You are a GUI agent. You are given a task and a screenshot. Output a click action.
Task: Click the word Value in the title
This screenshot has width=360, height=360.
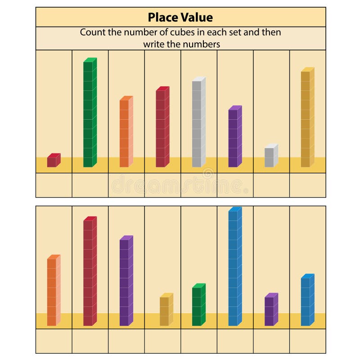click(x=197, y=17)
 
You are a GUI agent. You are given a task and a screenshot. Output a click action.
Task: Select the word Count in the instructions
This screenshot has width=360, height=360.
click(x=92, y=32)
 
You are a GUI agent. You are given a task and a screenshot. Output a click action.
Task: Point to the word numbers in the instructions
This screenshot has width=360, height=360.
click(x=204, y=44)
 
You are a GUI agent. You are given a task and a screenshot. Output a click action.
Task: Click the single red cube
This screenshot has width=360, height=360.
click(x=53, y=161)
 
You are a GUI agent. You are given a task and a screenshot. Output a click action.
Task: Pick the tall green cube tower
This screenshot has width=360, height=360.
click(x=90, y=112)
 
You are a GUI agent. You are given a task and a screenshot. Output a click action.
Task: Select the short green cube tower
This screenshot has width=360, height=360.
click(x=198, y=305)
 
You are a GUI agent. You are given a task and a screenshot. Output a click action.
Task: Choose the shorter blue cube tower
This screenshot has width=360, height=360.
click(x=307, y=300)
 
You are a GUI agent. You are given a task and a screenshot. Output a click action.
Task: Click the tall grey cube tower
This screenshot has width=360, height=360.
click(x=198, y=122)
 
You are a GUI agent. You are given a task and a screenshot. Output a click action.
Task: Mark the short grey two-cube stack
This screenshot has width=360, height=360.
click(x=270, y=156)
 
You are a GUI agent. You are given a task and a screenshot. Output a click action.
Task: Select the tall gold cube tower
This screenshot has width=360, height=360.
click(x=307, y=117)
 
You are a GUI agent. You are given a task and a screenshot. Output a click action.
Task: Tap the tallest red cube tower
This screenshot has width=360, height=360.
click(x=90, y=271)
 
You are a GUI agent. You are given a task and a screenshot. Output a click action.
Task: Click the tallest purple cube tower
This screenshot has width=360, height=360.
click(x=126, y=281)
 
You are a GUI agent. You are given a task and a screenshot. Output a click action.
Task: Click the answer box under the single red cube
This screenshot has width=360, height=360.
click(x=54, y=185)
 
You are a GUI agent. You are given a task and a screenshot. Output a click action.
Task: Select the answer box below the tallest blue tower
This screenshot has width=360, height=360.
click(x=235, y=341)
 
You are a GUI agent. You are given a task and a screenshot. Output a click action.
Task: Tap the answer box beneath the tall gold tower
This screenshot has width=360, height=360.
click(x=308, y=185)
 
